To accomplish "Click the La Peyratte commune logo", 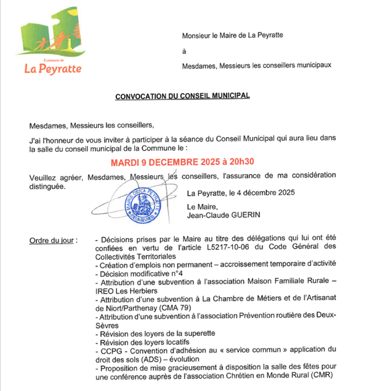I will click(53, 49).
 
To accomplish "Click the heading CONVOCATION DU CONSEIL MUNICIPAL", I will click(182, 97).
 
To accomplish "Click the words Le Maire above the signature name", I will click(200, 207).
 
